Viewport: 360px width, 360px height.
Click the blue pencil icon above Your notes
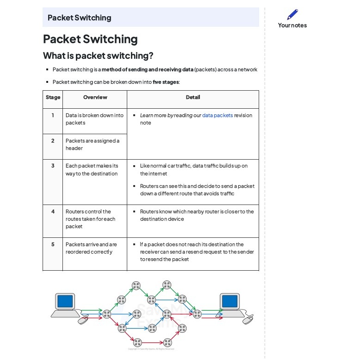click(x=292, y=14)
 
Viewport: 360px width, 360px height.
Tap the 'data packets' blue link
click(x=217, y=115)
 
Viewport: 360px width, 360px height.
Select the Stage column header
click(x=53, y=97)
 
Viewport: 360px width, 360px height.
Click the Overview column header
click(x=95, y=97)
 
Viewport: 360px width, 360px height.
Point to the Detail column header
click(x=193, y=97)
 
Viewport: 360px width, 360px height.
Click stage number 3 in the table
click(x=53, y=166)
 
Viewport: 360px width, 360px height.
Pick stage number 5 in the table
click(x=53, y=244)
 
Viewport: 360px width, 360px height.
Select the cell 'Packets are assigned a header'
click(x=92, y=144)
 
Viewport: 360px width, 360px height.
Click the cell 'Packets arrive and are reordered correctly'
click(x=91, y=248)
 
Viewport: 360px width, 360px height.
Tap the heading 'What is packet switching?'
click(x=98, y=56)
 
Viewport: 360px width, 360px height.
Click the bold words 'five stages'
click(x=166, y=82)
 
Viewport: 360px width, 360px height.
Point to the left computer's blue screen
click(x=65, y=301)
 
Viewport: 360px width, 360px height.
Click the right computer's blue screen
click(x=230, y=301)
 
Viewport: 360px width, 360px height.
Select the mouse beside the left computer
click(x=83, y=320)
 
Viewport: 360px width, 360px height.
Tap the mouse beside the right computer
click(x=248, y=319)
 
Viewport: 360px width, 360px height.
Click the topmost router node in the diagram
click(x=167, y=285)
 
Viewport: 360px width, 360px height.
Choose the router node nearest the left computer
click(x=107, y=314)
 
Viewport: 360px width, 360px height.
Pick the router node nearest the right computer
click(x=197, y=314)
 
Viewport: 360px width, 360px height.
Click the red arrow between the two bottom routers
click(x=152, y=342)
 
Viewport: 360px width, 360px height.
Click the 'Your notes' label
click(x=292, y=25)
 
